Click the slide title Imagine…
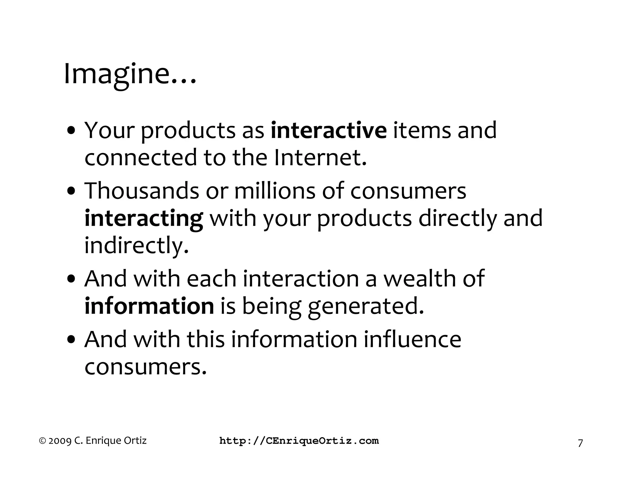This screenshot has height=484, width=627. tap(130, 75)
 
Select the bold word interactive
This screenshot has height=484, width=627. tap(329, 130)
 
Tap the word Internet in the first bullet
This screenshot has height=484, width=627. tap(320, 158)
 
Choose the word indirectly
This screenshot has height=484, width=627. tap(136, 245)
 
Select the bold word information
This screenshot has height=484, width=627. tap(149, 306)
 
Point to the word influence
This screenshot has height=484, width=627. tap(412, 340)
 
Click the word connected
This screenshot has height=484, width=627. tap(141, 158)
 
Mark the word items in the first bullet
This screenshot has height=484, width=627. tap(422, 130)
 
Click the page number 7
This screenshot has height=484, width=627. tap(580, 443)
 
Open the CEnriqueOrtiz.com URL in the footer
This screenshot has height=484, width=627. tap(299, 441)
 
